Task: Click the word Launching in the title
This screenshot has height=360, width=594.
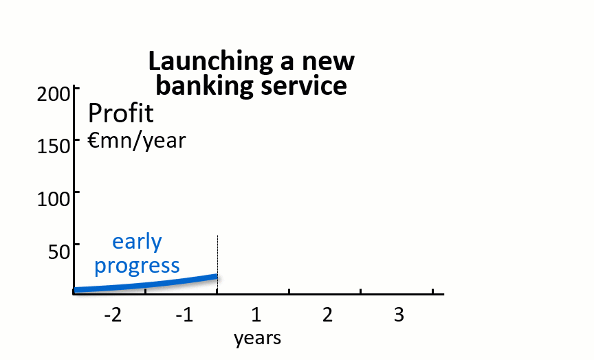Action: [210, 62]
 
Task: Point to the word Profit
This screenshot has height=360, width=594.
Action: [121, 113]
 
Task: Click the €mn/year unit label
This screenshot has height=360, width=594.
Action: [137, 141]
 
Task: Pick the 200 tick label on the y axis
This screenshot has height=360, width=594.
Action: [54, 94]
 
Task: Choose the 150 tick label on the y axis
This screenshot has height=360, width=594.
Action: [54, 146]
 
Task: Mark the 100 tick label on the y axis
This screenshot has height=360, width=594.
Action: [54, 199]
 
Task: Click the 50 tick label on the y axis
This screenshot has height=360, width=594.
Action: [59, 251]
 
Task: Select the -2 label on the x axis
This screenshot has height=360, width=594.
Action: [113, 315]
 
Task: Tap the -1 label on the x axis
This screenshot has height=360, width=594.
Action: [184, 315]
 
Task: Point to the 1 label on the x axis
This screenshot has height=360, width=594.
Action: [256, 315]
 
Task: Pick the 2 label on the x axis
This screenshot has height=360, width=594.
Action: [328, 315]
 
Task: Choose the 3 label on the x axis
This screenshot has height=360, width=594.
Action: [399, 315]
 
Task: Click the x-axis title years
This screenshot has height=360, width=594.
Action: [257, 338]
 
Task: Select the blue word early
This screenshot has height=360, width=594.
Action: [137, 243]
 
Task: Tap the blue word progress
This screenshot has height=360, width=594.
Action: [137, 266]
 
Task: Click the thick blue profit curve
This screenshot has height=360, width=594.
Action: [146, 285]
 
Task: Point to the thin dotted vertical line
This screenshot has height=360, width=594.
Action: [217, 265]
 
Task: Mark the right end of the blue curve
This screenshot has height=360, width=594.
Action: [217, 276]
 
